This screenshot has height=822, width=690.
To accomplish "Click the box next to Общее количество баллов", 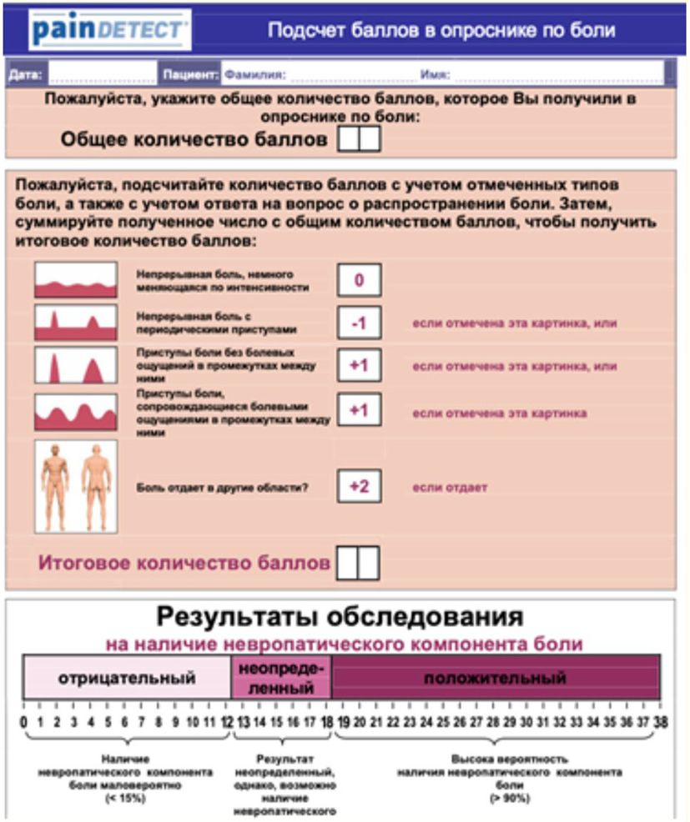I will [359, 139].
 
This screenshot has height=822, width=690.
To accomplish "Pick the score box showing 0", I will [359, 280].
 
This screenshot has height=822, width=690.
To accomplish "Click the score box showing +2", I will [359, 486].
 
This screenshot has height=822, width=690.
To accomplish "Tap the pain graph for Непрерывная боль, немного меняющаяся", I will [75, 280].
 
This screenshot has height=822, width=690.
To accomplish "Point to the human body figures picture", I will [75, 486].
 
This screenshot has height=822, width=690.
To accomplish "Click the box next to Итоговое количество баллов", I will [356, 563].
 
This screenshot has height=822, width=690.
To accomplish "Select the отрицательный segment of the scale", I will [127, 677].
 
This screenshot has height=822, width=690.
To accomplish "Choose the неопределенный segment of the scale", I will [281, 677].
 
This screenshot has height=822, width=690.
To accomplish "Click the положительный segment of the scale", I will [496, 677].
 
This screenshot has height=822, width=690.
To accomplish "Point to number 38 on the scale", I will [661, 722].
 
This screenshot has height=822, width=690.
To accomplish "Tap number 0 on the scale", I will [23, 722].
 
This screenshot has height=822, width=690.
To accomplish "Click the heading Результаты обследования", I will [342, 618].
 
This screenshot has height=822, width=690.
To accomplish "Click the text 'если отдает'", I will [450, 487].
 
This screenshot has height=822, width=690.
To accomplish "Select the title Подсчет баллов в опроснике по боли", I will [441, 31].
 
